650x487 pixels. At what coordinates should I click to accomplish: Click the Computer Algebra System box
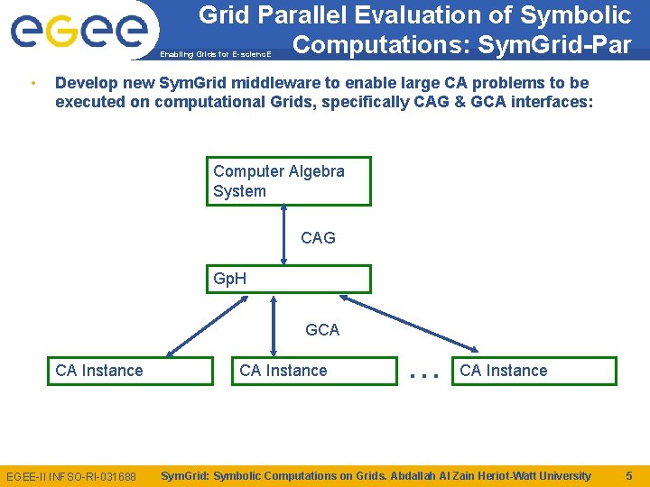(290, 181)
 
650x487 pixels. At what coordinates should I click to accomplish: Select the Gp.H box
(290, 279)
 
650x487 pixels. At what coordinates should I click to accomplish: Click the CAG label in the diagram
(318, 238)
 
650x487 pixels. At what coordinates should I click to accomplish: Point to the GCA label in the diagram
(322, 330)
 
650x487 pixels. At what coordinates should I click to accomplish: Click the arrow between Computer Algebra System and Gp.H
(284, 234)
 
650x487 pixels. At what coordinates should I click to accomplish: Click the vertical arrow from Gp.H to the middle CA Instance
(274, 325)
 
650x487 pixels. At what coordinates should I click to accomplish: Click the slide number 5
(629, 475)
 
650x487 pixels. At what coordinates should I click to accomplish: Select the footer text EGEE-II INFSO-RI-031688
(71, 476)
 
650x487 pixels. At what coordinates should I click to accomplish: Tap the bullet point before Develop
(32, 83)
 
